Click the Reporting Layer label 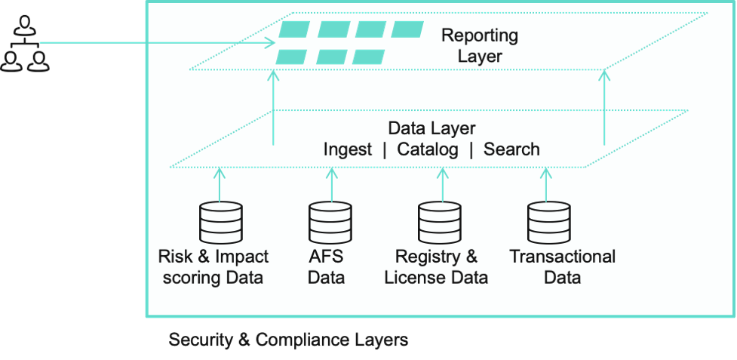click(x=479, y=45)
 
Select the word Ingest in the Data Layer click(x=348, y=149)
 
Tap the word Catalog click(x=428, y=149)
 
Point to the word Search click(x=511, y=149)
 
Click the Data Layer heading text click(x=431, y=128)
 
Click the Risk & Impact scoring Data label click(x=213, y=267)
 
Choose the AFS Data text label click(x=327, y=267)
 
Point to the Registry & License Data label click(x=436, y=267)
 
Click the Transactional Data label click(x=563, y=267)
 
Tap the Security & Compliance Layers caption click(x=288, y=340)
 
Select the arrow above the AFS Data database click(x=330, y=184)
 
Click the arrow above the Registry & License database click(x=441, y=184)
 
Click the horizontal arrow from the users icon click(x=151, y=43)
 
